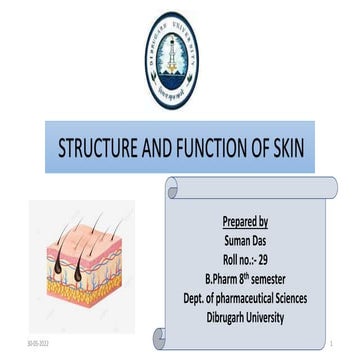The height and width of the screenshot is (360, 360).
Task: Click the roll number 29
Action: point(270,254)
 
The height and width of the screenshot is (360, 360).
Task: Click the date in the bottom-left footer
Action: point(36,342)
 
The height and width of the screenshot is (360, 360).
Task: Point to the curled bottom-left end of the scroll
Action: point(161,338)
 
